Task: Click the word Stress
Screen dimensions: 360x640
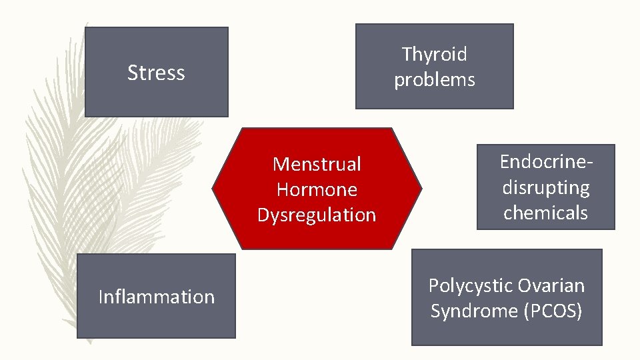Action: [156, 72]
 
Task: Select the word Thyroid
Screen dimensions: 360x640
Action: [435, 54]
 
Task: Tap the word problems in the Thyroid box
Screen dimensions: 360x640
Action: [435, 80]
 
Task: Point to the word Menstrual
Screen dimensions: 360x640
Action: [317, 164]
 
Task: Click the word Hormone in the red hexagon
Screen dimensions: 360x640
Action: [317, 189]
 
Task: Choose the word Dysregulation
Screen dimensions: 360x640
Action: [317, 215]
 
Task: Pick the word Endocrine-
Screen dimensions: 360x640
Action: [546, 162]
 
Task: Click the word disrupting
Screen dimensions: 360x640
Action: [546, 187]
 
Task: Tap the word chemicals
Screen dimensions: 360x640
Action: [546, 213]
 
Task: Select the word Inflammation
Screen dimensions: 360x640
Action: [156, 297]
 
